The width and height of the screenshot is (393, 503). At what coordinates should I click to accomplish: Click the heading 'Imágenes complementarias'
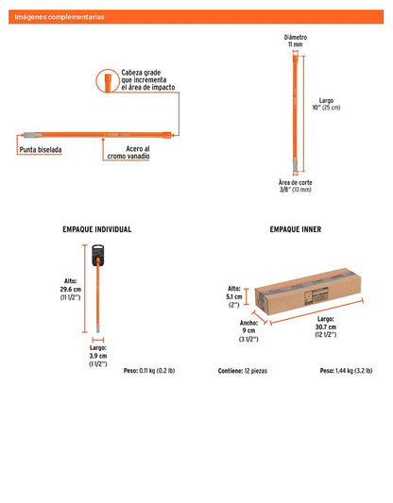[x=60, y=17]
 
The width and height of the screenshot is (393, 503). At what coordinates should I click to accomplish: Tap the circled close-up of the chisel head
[x=108, y=81]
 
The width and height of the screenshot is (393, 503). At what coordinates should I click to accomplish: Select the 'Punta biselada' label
[x=41, y=150]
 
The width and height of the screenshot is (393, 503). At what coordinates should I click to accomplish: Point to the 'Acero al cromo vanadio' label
[x=128, y=152]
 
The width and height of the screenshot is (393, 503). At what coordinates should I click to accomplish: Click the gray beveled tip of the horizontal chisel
[x=33, y=135]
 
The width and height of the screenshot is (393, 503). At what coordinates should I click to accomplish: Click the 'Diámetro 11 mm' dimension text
[x=296, y=41]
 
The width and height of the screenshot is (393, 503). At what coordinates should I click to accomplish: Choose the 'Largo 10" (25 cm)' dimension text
[x=326, y=104]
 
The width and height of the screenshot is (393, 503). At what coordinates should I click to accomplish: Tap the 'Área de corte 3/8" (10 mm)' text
[x=296, y=186]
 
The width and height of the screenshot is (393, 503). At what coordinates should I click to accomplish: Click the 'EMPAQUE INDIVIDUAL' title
[x=97, y=229]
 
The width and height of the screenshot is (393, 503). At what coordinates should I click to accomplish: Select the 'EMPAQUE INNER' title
[x=296, y=229]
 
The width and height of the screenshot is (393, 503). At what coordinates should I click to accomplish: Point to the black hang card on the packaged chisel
[x=98, y=256]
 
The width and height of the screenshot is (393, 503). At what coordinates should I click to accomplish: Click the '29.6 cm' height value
[x=70, y=289]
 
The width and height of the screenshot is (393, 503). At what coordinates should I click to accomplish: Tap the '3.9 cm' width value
[x=98, y=356]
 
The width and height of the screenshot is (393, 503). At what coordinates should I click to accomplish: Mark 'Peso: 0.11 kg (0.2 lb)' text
[x=149, y=371]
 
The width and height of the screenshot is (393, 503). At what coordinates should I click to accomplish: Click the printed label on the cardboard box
[x=316, y=295]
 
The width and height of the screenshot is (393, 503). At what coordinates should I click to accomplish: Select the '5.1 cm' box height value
[x=233, y=296]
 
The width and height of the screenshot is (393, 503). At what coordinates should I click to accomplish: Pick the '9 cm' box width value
[x=248, y=330]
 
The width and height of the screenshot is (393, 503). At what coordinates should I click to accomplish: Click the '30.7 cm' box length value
[x=326, y=327]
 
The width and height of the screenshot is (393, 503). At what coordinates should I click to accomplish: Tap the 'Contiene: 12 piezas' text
[x=243, y=371]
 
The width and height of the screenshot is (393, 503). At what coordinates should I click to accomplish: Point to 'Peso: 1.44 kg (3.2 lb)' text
[x=346, y=371]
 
